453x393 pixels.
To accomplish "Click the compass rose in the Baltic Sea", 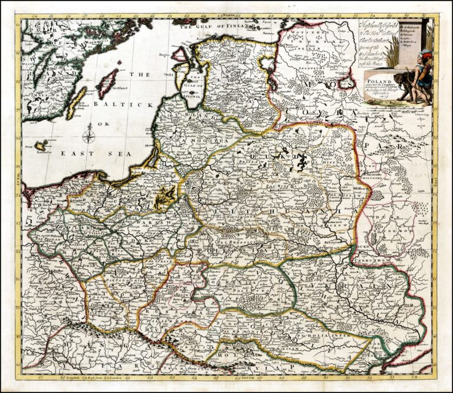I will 90,137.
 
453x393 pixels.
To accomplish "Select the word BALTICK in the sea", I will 122,104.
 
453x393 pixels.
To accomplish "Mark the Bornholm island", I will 41,145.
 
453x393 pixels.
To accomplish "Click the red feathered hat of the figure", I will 426,55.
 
